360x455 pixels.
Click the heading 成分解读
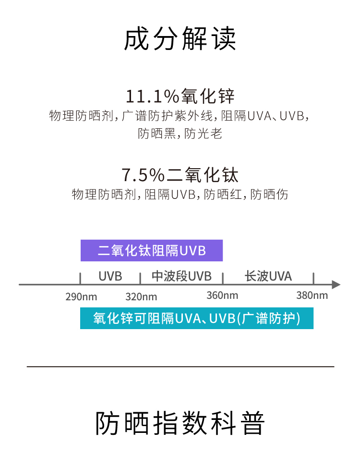pyautogui.click(x=180, y=39)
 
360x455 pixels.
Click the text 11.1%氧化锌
pyautogui.click(x=180, y=96)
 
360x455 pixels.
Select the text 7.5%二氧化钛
pyautogui.click(x=180, y=174)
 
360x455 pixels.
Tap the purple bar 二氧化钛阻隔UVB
pyautogui.click(x=152, y=250)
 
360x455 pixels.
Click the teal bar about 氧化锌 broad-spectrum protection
pyautogui.click(x=197, y=319)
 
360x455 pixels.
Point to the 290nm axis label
pyautogui.click(x=81, y=296)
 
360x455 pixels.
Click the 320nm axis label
pyautogui.click(x=141, y=296)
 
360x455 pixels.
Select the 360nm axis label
pyautogui.click(x=222, y=295)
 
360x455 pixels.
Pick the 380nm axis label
pyautogui.click(x=312, y=295)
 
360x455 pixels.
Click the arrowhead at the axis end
pyautogui.click(x=336, y=284)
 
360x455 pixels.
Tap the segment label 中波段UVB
pyautogui.click(x=181, y=276)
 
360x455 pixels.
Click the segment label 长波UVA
pyautogui.click(x=268, y=276)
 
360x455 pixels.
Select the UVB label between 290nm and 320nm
pyautogui.click(x=110, y=276)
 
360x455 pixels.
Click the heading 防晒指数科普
pyautogui.click(x=180, y=423)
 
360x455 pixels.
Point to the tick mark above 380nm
pyautogui.click(x=313, y=278)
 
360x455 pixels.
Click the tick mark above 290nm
pyautogui.click(x=80, y=278)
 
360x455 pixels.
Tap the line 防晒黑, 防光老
pyautogui.click(x=180, y=133)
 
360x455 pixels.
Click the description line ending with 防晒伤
pyautogui.click(x=180, y=195)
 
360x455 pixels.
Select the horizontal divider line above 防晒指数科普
pyautogui.click(x=180, y=367)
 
